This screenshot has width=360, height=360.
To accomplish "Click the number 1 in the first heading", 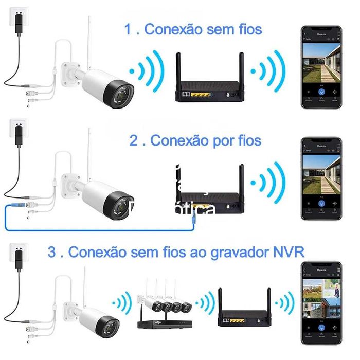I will [128, 29].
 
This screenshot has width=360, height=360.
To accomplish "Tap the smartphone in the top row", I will [321, 67].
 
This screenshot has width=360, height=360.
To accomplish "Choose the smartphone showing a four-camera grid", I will [321, 303].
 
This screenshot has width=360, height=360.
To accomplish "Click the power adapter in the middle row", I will [19, 136].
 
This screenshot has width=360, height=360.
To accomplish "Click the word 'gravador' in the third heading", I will [242, 253].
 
